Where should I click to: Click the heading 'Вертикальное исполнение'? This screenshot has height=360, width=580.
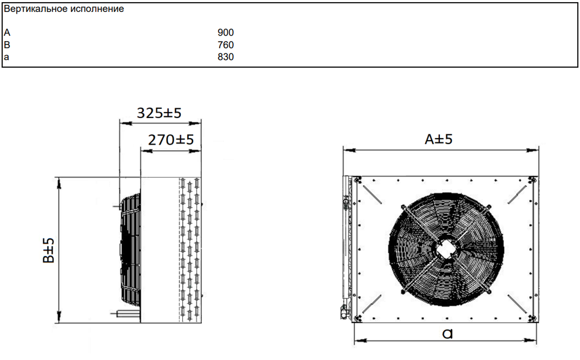[x=64, y=9]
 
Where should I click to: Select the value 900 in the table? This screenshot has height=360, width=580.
[x=226, y=32]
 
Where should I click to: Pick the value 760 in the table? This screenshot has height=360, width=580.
[x=226, y=45]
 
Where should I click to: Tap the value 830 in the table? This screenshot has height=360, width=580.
[x=226, y=57]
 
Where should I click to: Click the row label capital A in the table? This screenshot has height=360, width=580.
[x=7, y=32]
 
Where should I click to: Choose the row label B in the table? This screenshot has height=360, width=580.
[x=7, y=45]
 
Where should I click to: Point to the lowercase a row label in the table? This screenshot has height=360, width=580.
[x=6, y=57]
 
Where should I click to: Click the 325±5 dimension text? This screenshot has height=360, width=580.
[x=159, y=113]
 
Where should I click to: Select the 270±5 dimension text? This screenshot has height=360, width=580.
[x=171, y=140]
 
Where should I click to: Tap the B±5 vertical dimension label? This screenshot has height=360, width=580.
[x=49, y=251]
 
